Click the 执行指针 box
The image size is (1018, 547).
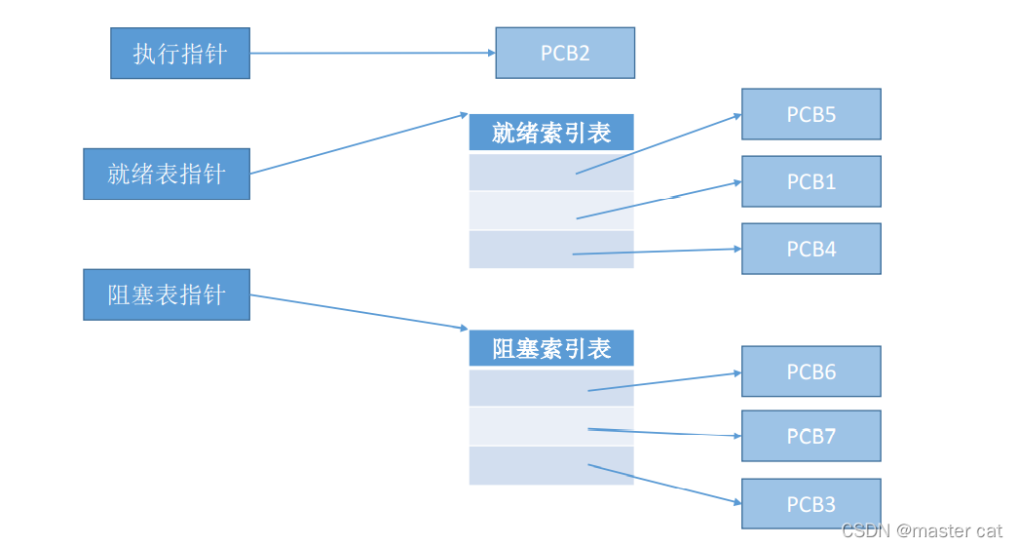point(180,53)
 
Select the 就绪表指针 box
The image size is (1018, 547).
point(167,174)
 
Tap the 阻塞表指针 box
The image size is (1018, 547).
point(167,294)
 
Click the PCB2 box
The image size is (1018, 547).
point(565,53)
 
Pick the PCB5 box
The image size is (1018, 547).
point(811,114)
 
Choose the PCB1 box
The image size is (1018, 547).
point(811,181)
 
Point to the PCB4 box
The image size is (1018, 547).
point(811,249)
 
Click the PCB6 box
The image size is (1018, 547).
point(811,371)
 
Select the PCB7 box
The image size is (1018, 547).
point(811,436)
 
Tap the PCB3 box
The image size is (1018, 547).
point(811,504)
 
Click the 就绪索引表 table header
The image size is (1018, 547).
point(551,133)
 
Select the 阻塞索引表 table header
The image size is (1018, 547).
point(551,348)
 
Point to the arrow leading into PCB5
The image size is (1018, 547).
point(659,144)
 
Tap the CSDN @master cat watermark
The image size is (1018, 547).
point(921,530)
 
